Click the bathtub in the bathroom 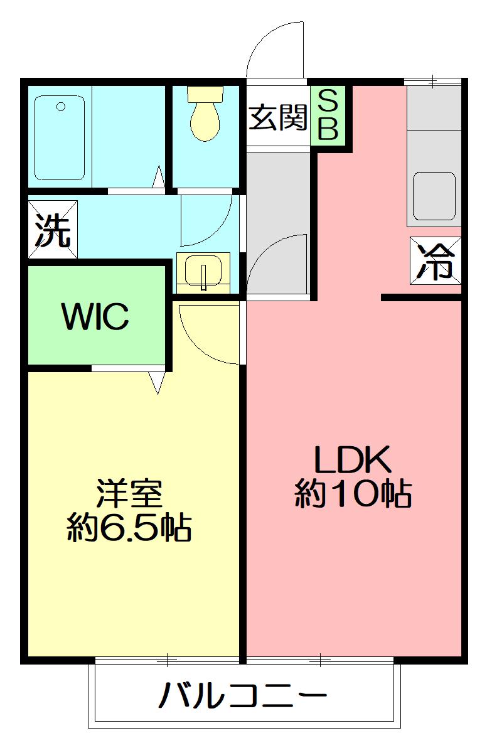click(60, 137)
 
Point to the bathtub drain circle click(61, 107)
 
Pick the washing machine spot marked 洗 click(52, 230)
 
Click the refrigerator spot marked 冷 click(436, 260)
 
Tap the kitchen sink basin click(434, 196)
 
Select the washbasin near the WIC click(203, 272)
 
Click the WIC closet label click(95, 317)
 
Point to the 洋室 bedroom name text click(130, 494)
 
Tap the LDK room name click(353, 461)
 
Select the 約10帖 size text click(353, 494)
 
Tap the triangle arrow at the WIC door click(157, 382)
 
